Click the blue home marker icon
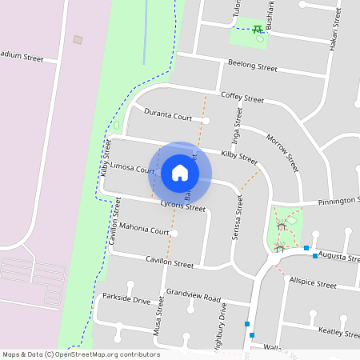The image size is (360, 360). point(180,173)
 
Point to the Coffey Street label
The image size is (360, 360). point(242,97)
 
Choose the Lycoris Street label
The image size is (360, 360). point(182,206)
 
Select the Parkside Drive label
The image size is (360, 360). point(126,298)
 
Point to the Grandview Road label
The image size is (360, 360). point(193,297)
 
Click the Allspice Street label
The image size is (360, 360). point(313,283)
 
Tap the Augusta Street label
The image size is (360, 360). point(338,255)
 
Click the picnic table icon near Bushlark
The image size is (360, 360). point(258,30)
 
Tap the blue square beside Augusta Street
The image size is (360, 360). point(306,248)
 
